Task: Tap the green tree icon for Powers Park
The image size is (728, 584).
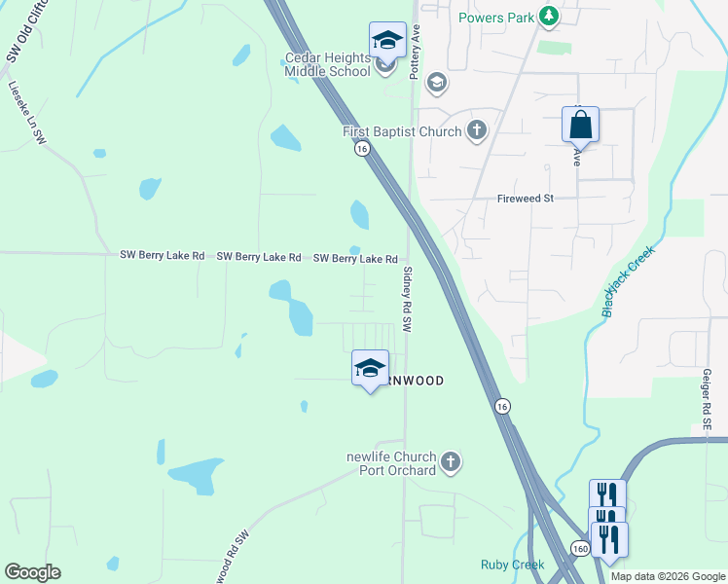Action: tap(549, 16)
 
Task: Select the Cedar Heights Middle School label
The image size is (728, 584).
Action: tap(327, 64)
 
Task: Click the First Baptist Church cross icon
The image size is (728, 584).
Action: tap(477, 130)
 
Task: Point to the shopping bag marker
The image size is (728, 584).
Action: tap(580, 126)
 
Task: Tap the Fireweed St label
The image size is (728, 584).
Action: tap(526, 199)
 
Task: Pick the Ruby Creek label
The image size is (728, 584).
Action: tap(512, 565)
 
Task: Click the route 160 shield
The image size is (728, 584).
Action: tap(579, 548)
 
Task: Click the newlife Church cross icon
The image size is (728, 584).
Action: tap(450, 462)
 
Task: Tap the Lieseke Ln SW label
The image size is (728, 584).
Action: tap(27, 114)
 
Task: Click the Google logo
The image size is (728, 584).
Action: tap(32, 572)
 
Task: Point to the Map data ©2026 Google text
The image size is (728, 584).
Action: tap(668, 576)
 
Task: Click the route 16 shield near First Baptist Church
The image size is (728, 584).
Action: tap(362, 149)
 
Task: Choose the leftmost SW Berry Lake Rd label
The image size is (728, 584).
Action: tap(162, 256)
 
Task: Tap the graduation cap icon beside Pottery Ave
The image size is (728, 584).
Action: tap(436, 82)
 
